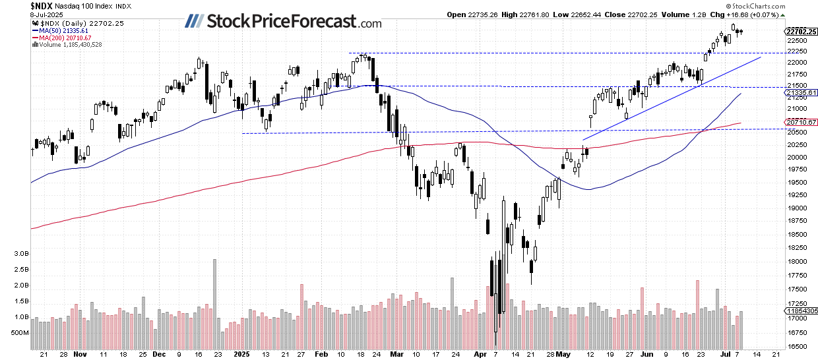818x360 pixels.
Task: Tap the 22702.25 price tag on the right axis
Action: tap(801, 31)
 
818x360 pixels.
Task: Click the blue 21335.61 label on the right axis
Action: tap(801, 93)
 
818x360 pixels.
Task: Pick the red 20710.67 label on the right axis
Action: tap(801, 122)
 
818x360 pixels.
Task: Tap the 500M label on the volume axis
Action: tap(18, 333)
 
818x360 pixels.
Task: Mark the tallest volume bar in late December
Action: tap(214, 303)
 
